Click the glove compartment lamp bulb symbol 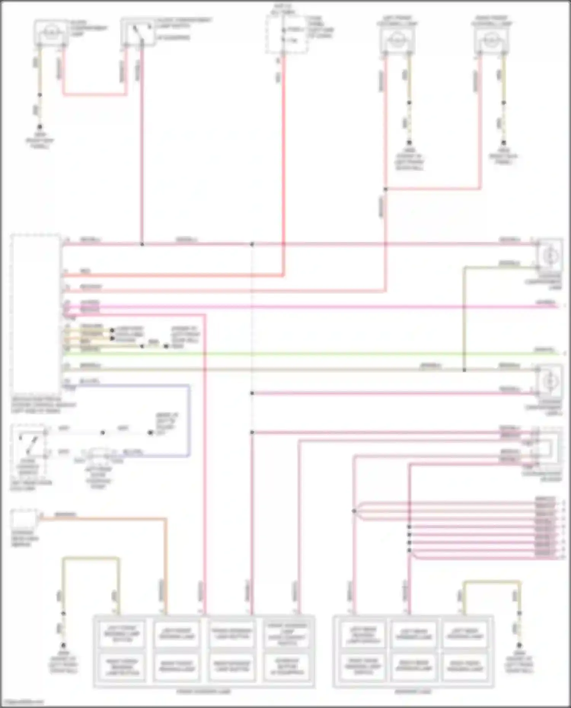coord(51,33)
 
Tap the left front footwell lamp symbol coord(397,39)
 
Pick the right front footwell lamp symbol coord(491,39)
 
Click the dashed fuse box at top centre coord(286,34)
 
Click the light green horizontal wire coord(305,354)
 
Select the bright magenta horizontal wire coord(305,306)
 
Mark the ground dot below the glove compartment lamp coord(40,127)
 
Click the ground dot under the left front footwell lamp coord(409,143)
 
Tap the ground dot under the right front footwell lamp coord(504,143)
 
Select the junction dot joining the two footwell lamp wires coord(385,189)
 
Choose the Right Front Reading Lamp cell coord(176,667)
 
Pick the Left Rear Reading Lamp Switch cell coord(363,634)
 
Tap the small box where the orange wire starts coord(24,519)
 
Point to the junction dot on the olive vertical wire coord(464,370)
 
